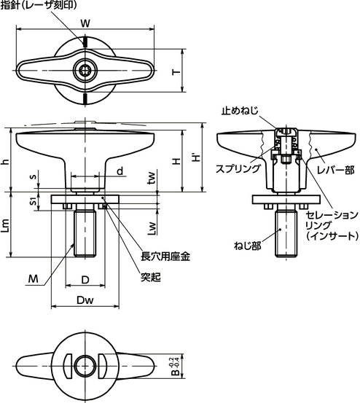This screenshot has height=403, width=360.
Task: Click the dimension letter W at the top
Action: coord(85,23)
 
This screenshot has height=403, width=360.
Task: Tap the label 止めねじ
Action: coord(239,111)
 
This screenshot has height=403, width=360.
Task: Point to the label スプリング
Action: coord(238,168)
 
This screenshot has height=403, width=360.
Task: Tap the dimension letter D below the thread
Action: coord(85,280)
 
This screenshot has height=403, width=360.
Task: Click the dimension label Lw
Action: coord(152,229)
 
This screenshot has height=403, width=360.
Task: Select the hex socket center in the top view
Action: coord(85,71)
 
